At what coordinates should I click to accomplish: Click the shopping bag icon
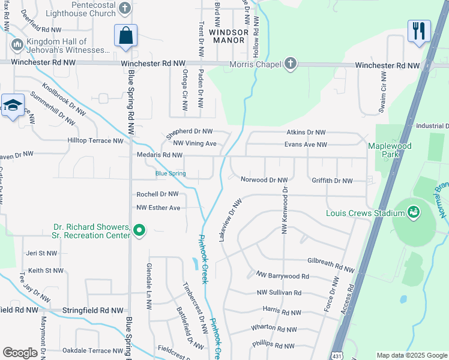(126, 35)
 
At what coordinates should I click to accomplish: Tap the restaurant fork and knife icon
(418, 31)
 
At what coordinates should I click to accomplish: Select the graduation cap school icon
(13, 106)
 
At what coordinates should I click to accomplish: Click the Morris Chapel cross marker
(290, 64)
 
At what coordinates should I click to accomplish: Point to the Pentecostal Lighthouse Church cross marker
(124, 8)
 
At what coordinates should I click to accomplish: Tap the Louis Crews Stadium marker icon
(412, 212)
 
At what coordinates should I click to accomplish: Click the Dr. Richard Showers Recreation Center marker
(139, 230)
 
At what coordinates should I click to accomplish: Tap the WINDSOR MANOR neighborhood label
(228, 36)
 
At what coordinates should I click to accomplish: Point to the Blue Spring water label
(170, 174)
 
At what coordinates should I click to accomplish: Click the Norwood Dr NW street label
(264, 179)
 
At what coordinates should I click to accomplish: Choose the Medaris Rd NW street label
(160, 155)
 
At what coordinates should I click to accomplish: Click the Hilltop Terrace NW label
(96, 141)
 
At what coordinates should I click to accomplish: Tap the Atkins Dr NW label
(305, 132)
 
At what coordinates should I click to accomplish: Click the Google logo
(20, 353)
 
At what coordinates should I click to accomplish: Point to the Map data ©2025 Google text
(411, 355)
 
